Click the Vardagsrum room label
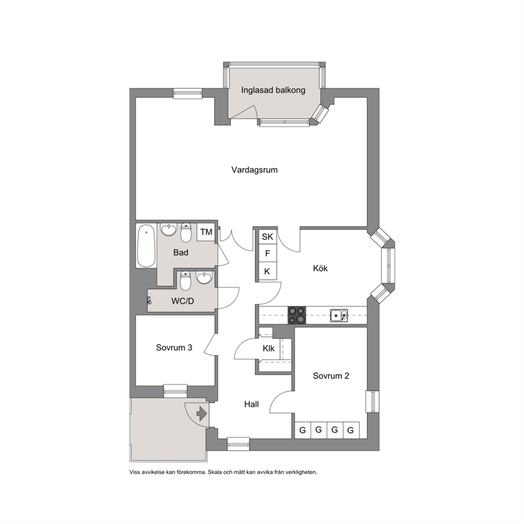tap(254, 170)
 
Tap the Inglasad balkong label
tap(273, 90)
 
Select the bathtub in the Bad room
tap(146, 246)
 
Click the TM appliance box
tap(206, 232)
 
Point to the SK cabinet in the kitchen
tap(267, 237)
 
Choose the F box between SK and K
tap(267, 254)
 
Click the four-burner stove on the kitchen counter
tap(297, 315)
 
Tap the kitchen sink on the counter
tap(339, 315)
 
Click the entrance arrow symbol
tap(202, 414)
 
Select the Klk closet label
tap(268, 349)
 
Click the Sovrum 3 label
tap(174, 348)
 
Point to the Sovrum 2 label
tap(331, 376)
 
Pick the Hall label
tap(251, 405)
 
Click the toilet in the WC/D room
tap(185, 280)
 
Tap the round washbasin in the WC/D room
tap(204, 278)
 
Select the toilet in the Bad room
tap(186, 232)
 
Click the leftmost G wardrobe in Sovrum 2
tap(303, 430)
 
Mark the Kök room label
tap(320, 268)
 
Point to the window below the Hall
tap(238, 444)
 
